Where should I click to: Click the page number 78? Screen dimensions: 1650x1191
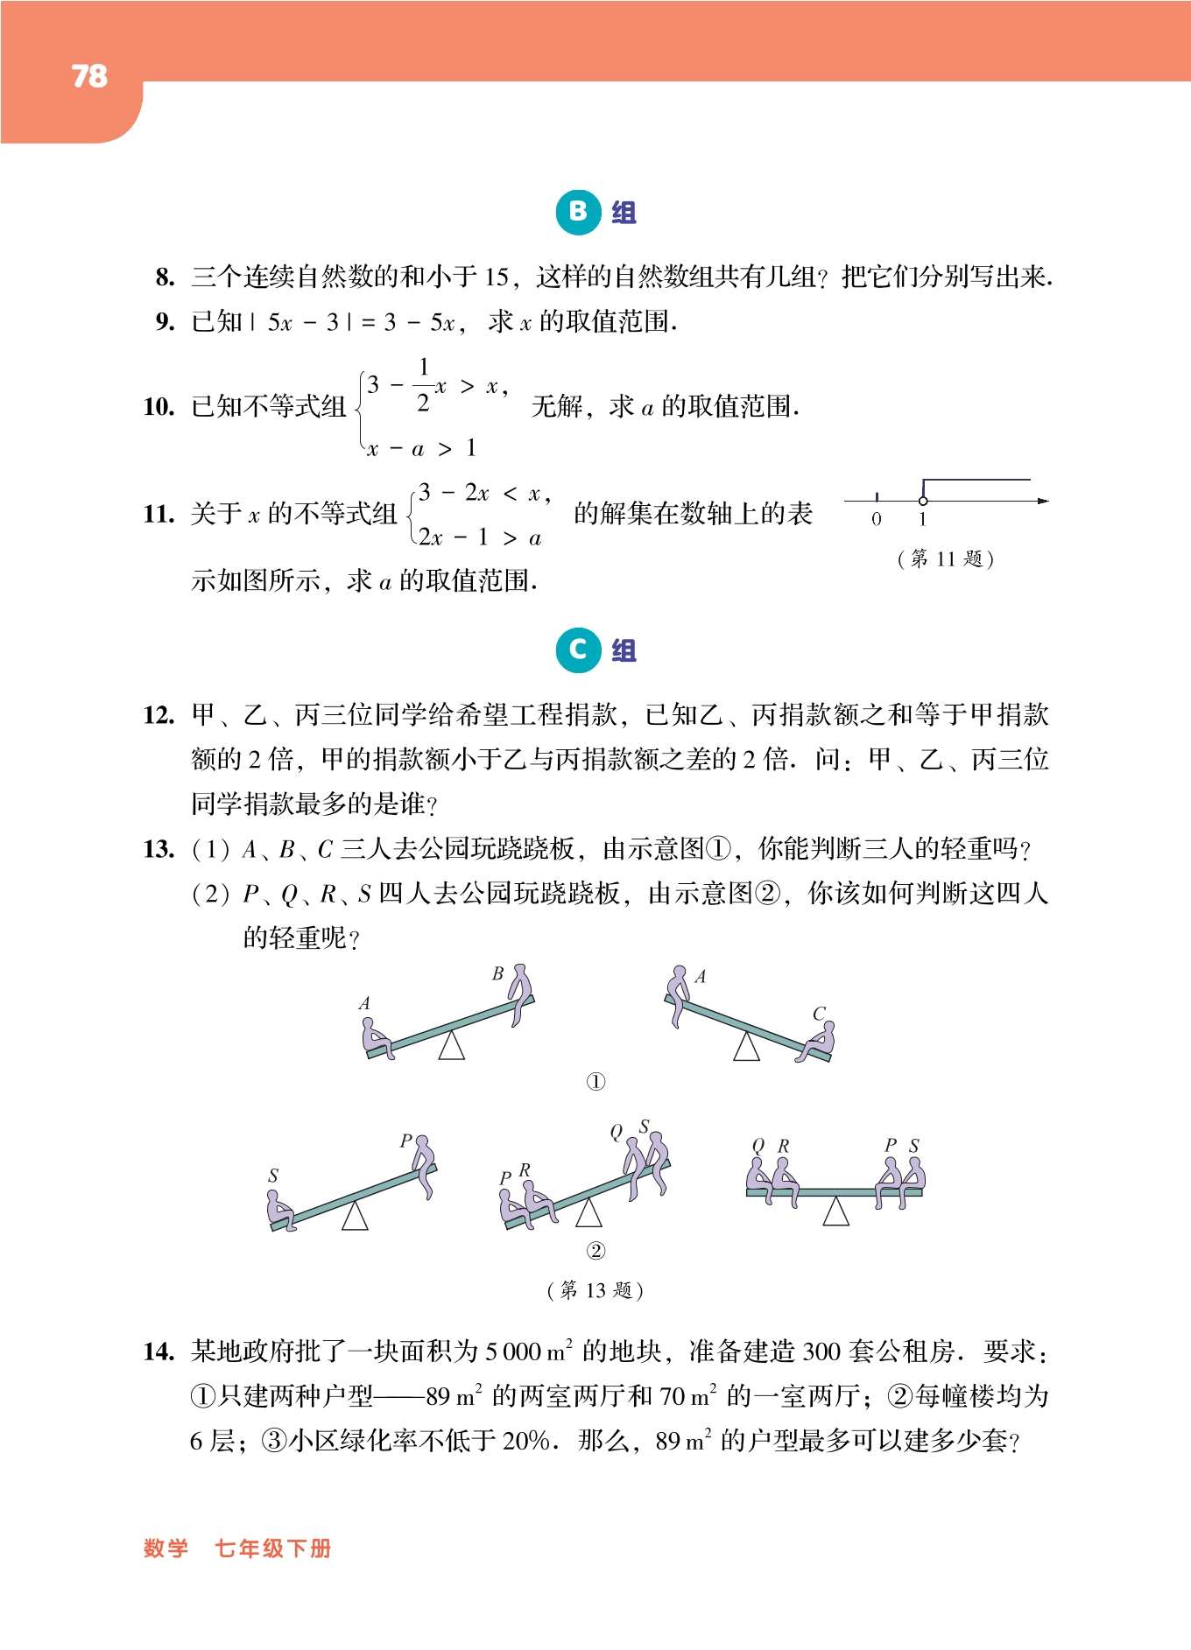(x=89, y=76)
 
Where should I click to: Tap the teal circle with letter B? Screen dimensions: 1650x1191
(x=578, y=212)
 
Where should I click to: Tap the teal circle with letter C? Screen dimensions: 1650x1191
(x=578, y=650)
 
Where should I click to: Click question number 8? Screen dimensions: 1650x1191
(x=165, y=277)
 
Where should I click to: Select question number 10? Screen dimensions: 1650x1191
(x=159, y=407)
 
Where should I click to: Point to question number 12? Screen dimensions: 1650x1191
(x=159, y=715)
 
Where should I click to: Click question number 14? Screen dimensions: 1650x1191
(x=159, y=1352)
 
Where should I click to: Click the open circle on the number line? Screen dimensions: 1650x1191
(x=923, y=501)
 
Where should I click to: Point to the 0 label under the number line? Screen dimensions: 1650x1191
(x=877, y=519)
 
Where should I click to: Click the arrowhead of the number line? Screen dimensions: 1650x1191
(x=1042, y=501)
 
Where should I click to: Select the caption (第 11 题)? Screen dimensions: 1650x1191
(x=946, y=558)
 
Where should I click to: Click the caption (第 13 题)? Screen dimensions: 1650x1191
(x=595, y=1290)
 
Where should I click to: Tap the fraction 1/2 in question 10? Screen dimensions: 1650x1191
(x=424, y=385)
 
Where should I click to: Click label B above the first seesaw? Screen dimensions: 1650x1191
(x=497, y=973)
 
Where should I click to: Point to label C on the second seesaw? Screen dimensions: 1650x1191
(x=819, y=1013)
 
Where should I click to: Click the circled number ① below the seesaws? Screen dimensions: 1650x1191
(x=595, y=1082)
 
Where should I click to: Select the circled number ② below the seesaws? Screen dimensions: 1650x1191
(x=595, y=1251)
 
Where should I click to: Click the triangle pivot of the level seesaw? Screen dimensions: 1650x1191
(x=836, y=1211)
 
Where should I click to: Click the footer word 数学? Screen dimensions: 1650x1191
(x=166, y=1548)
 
